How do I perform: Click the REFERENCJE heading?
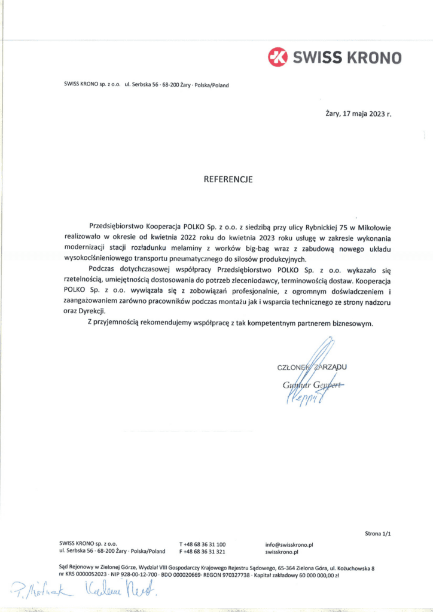pos(228,179)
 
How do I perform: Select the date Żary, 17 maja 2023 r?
pos(358,112)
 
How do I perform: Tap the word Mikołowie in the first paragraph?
pos(357,227)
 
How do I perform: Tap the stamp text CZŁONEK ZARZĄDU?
pos(313,368)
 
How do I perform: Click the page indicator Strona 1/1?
pos(379,533)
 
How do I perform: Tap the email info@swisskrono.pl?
pos(289,544)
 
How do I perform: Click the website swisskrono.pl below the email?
pos(281,552)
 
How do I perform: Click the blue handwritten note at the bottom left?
pos(84,592)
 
